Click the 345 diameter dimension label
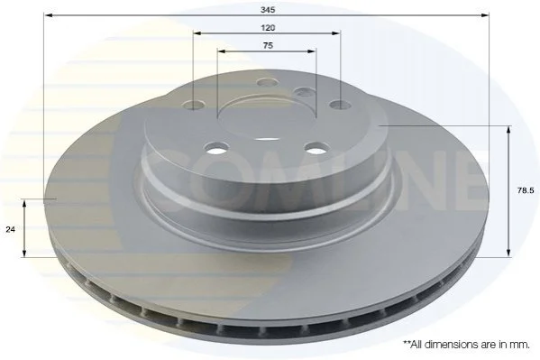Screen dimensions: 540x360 coord(268,10)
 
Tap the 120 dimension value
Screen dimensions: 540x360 coord(268,28)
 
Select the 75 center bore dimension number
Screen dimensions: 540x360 coord(268,45)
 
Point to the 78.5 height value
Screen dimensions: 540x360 coord(526,190)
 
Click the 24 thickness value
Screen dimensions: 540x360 coord(10,229)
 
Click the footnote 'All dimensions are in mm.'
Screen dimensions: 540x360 coord(467,345)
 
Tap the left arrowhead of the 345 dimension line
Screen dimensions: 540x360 coord(49,15)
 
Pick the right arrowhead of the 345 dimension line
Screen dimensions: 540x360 coord(485,15)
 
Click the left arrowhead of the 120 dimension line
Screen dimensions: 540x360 coord(197,33)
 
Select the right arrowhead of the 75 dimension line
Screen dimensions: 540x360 coord(311,51)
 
